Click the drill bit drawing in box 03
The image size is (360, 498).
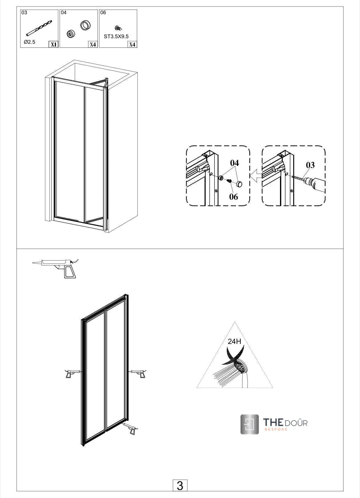click(39, 28)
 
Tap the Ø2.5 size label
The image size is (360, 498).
click(30, 42)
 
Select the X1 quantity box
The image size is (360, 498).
click(54, 44)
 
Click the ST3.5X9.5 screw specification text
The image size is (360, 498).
click(116, 36)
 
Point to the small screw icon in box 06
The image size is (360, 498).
click(117, 28)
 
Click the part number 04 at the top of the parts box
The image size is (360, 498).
click(64, 13)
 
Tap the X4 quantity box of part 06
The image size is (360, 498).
click(132, 44)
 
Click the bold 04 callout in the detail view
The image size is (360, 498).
click(234, 163)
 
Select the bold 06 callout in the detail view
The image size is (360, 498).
click(234, 197)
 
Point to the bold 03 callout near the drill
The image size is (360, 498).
click(310, 165)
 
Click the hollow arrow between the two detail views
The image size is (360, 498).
click(255, 177)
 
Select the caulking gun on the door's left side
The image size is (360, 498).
click(72, 373)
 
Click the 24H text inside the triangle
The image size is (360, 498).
click(234, 341)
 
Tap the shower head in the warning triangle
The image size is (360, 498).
click(240, 367)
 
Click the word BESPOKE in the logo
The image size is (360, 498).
click(276, 429)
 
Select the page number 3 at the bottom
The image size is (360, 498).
click(180, 485)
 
